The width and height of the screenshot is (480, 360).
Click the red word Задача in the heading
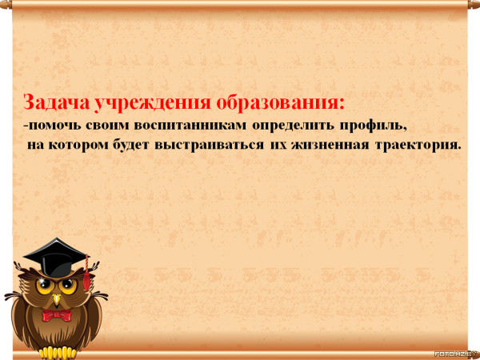[56, 102]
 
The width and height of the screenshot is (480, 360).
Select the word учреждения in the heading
[153, 103]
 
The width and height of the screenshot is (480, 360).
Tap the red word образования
[281, 102]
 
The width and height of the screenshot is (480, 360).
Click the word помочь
[53, 126]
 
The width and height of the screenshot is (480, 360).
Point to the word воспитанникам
[190, 126]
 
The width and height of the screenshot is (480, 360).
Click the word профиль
[373, 126]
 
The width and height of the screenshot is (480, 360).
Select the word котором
[78, 145]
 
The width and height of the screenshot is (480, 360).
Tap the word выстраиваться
[209, 145]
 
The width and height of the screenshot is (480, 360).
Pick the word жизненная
[330, 145]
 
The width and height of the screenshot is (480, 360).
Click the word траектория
[418, 145]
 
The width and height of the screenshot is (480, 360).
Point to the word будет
[131, 144]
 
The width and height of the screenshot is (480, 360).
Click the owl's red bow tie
[56, 315]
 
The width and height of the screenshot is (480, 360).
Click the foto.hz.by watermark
[457, 354]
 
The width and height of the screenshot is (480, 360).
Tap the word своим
[107, 126]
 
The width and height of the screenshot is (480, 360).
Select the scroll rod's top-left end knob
[6, 5]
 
